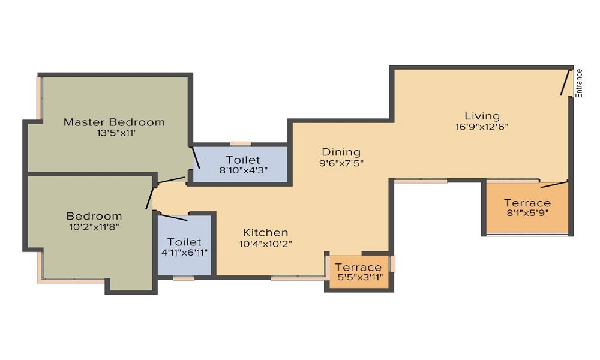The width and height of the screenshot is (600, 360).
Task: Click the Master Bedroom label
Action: (x=114, y=122)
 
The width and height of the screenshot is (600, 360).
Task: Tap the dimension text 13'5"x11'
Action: (x=114, y=133)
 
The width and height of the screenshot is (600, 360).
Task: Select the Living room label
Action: (x=482, y=116)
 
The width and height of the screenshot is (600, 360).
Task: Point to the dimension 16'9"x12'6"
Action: (x=482, y=127)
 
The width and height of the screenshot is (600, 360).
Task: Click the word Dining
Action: (x=341, y=152)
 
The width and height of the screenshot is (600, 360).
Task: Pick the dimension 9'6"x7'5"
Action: (x=341, y=163)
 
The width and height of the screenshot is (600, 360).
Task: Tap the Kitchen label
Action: (x=265, y=232)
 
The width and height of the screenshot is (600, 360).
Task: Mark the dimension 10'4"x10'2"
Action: (x=265, y=243)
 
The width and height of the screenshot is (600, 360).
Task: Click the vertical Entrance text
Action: (x=579, y=83)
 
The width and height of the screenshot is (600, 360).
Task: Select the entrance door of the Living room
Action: (x=565, y=83)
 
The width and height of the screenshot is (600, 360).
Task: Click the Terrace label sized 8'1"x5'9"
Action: (x=527, y=203)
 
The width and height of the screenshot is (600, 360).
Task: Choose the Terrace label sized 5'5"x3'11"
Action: (x=358, y=267)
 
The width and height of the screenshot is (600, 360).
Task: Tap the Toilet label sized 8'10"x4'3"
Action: (x=243, y=160)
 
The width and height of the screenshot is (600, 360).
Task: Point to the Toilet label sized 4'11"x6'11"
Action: (x=184, y=242)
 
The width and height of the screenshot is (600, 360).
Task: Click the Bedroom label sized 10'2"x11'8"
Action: (x=94, y=216)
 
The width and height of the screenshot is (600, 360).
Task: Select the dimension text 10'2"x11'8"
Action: (x=94, y=227)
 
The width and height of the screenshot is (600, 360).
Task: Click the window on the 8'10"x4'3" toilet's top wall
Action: (x=241, y=144)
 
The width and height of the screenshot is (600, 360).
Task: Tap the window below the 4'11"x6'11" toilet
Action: (x=184, y=278)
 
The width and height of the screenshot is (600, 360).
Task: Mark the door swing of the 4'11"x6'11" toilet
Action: (x=174, y=217)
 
